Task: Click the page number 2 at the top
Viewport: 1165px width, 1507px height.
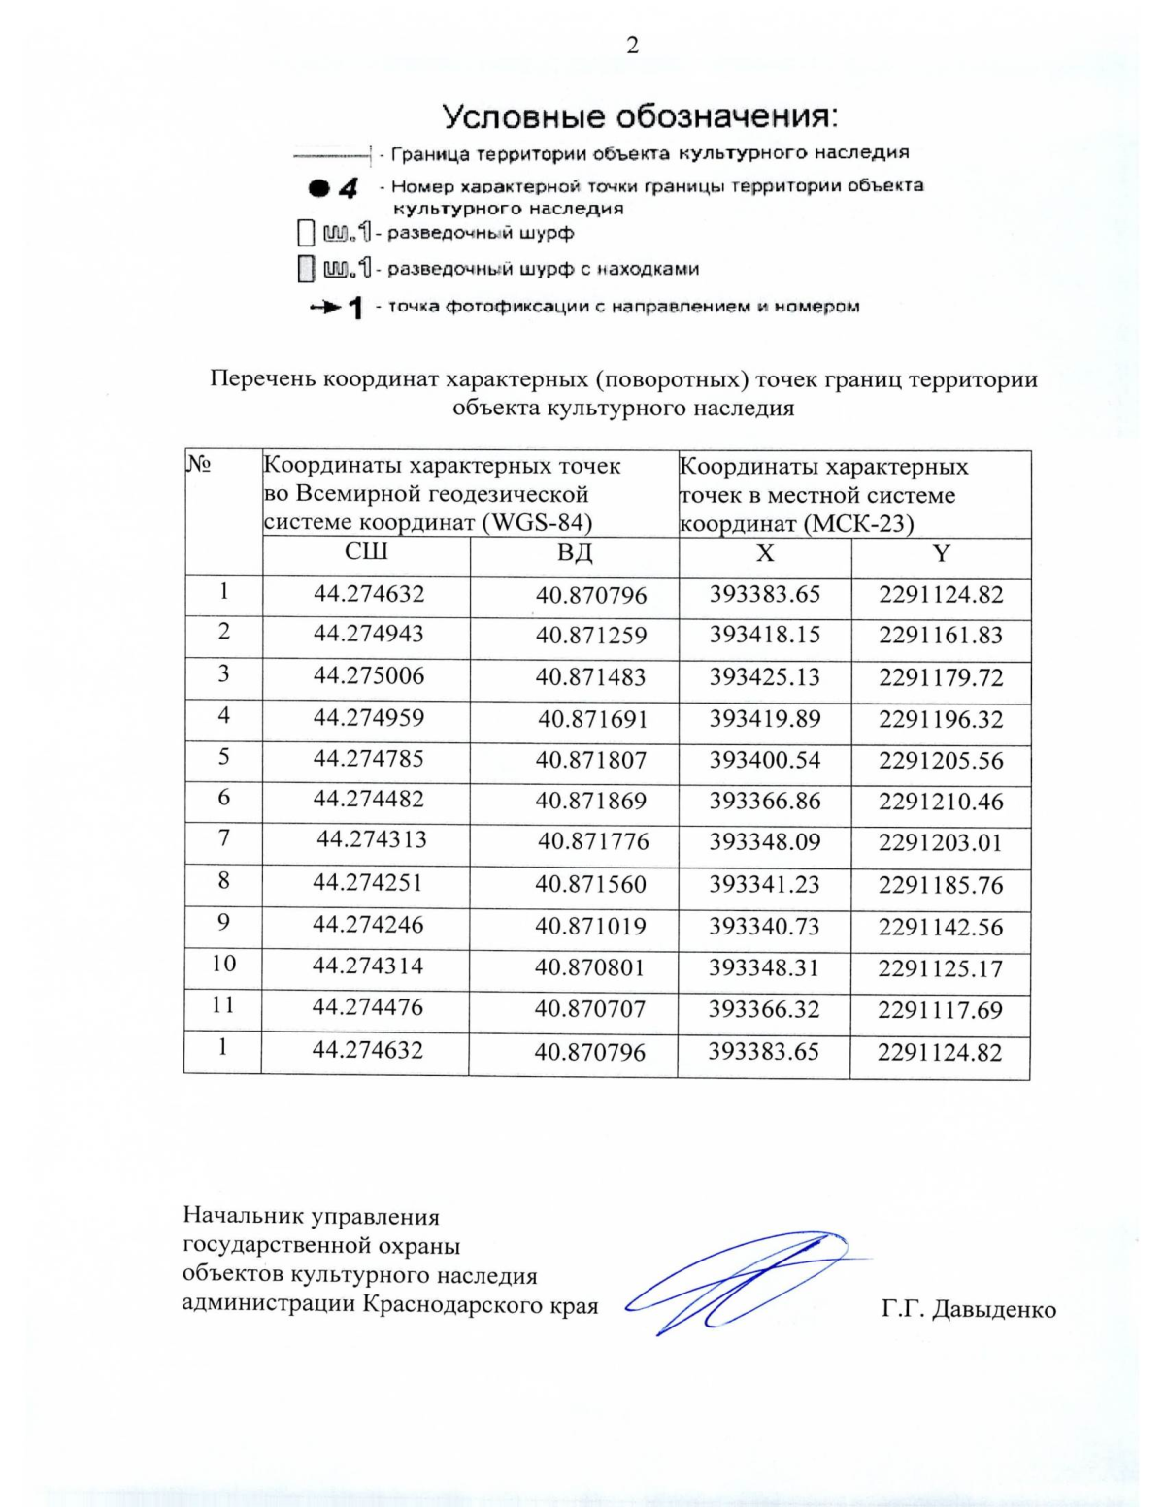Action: [x=632, y=46]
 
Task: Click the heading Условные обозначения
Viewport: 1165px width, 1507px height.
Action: [x=640, y=116]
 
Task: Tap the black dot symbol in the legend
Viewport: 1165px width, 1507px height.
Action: [x=318, y=188]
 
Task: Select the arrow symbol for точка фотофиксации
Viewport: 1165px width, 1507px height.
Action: [x=325, y=308]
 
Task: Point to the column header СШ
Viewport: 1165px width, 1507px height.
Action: [x=366, y=552]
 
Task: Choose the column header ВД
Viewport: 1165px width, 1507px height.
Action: [x=575, y=553]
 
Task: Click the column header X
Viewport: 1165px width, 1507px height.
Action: [x=765, y=553]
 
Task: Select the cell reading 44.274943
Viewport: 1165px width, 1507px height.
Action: [x=368, y=634]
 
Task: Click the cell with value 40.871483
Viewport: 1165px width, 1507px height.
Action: [x=590, y=677]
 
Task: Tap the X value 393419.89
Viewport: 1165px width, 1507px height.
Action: [x=764, y=718]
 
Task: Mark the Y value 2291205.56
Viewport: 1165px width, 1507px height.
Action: [x=941, y=761]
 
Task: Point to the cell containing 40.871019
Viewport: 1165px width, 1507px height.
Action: [x=590, y=926]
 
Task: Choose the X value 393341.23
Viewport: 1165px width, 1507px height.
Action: [x=764, y=884]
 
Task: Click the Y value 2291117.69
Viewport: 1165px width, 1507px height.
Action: [x=940, y=1010]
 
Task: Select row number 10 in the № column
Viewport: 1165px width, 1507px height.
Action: [x=223, y=964]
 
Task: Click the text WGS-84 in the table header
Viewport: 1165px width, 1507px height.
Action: [x=539, y=523]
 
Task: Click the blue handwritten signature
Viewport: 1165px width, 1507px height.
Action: [x=738, y=1281]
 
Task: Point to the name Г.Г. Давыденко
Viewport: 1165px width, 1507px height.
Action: [x=968, y=1309]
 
